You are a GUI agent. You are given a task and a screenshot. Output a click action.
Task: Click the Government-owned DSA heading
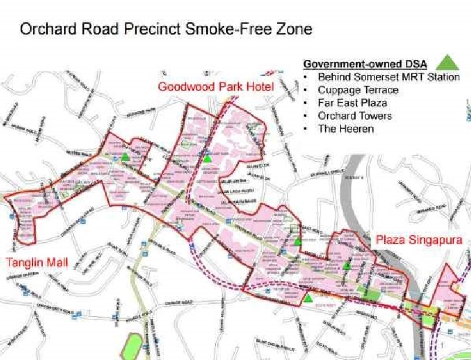pos(365,64)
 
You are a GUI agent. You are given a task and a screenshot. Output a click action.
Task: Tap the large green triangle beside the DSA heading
pos(448,62)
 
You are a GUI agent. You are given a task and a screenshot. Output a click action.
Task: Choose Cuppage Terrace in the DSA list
pos(358,90)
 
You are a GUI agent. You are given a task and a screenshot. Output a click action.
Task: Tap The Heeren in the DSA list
pos(346,128)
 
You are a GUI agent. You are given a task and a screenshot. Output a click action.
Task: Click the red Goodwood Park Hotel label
pos(216,87)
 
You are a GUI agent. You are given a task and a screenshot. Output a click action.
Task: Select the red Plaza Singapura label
pos(419,240)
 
